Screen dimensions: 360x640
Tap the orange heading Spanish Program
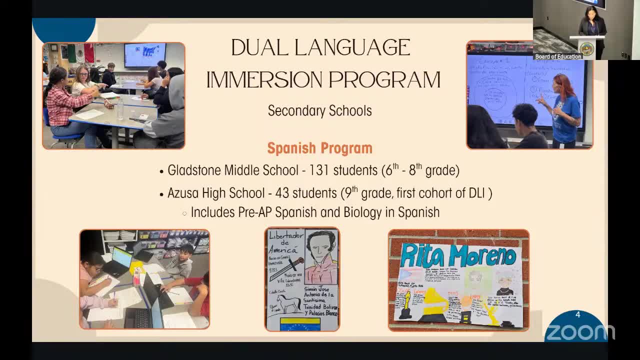click(x=319, y=148)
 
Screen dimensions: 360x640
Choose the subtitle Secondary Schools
click(x=319, y=110)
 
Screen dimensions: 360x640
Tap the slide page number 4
click(x=577, y=314)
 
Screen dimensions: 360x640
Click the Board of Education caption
click(x=558, y=56)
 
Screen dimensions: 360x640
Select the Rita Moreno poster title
click(x=458, y=255)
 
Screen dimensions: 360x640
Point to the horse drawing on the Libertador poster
click(x=287, y=303)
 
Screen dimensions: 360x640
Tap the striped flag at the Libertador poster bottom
click(x=300, y=324)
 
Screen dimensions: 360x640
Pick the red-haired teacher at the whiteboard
click(x=565, y=110)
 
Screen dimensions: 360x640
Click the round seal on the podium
click(x=586, y=48)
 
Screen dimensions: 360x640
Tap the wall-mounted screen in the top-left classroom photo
click(x=145, y=54)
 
